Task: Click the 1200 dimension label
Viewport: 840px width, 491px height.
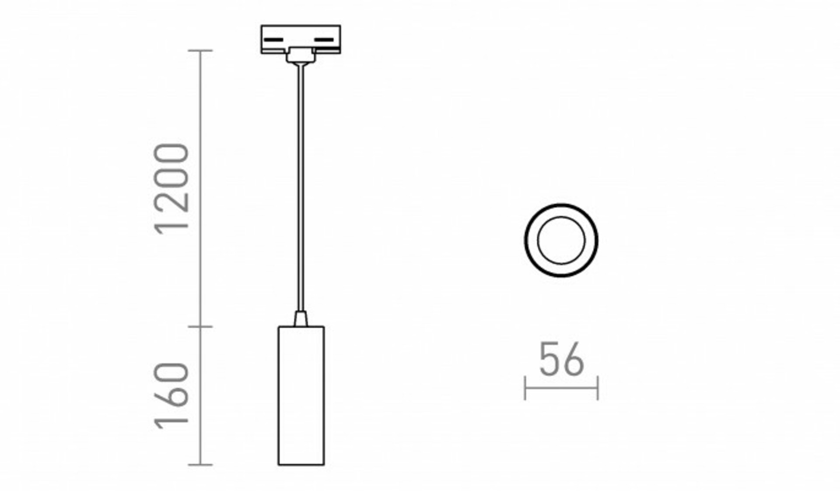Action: (172, 189)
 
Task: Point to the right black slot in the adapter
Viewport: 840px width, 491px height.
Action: (324, 40)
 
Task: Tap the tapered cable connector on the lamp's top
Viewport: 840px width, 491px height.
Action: (301, 319)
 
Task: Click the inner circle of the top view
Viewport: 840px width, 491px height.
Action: (561, 240)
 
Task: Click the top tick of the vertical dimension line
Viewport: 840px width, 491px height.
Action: (200, 51)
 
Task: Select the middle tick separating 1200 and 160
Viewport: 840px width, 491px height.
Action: (200, 326)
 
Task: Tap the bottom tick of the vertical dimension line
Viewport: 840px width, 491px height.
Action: (200, 465)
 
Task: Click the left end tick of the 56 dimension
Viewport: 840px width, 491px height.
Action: (525, 388)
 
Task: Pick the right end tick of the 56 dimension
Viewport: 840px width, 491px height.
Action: (598, 388)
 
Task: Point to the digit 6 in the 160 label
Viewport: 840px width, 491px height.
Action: (172, 396)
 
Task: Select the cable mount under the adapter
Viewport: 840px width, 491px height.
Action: (301, 56)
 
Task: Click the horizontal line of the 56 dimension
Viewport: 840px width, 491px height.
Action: (561, 388)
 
